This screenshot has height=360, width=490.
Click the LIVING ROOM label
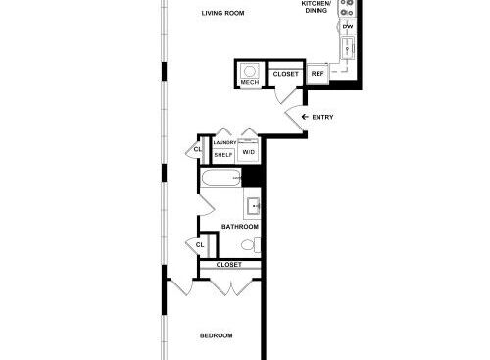(x=222, y=13)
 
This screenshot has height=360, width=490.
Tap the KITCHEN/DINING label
(x=316, y=7)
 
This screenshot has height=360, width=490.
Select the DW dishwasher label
(x=348, y=26)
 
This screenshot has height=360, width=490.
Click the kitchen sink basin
(x=348, y=48)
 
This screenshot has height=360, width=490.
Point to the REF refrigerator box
(x=318, y=74)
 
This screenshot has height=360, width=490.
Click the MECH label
(x=250, y=82)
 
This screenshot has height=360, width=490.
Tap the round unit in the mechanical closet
(x=250, y=71)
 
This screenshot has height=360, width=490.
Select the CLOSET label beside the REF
(x=286, y=74)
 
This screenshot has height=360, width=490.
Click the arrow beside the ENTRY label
(x=305, y=117)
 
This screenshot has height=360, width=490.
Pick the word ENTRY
(x=322, y=117)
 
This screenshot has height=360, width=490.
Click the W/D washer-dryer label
(x=249, y=152)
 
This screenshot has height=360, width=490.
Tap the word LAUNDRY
(x=224, y=143)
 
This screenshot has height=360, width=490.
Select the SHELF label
(x=223, y=155)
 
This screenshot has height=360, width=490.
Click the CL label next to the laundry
(x=198, y=149)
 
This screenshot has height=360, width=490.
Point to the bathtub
(x=220, y=179)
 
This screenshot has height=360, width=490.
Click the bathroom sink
(x=253, y=206)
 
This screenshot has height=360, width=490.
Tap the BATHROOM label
(x=240, y=227)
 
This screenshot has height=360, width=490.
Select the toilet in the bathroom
(x=251, y=245)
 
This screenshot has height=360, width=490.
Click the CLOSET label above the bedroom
(x=229, y=264)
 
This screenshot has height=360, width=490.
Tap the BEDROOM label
(x=217, y=335)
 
